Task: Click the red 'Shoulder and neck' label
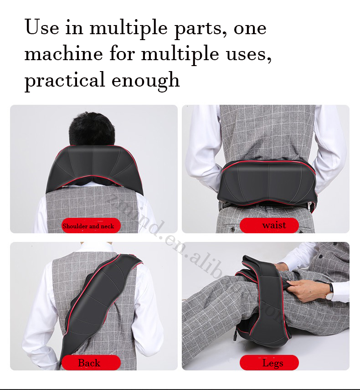tap(88, 226)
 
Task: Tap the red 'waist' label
tap(274, 225)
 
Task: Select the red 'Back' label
tap(89, 363)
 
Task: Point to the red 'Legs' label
tap(273, 363)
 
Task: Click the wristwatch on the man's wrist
tap(329, 292)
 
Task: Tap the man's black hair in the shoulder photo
tap(91, 127)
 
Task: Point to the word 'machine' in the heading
tap(63, 54)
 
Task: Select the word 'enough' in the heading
tap(146, 81)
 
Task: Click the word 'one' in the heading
tap(250, 29)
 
